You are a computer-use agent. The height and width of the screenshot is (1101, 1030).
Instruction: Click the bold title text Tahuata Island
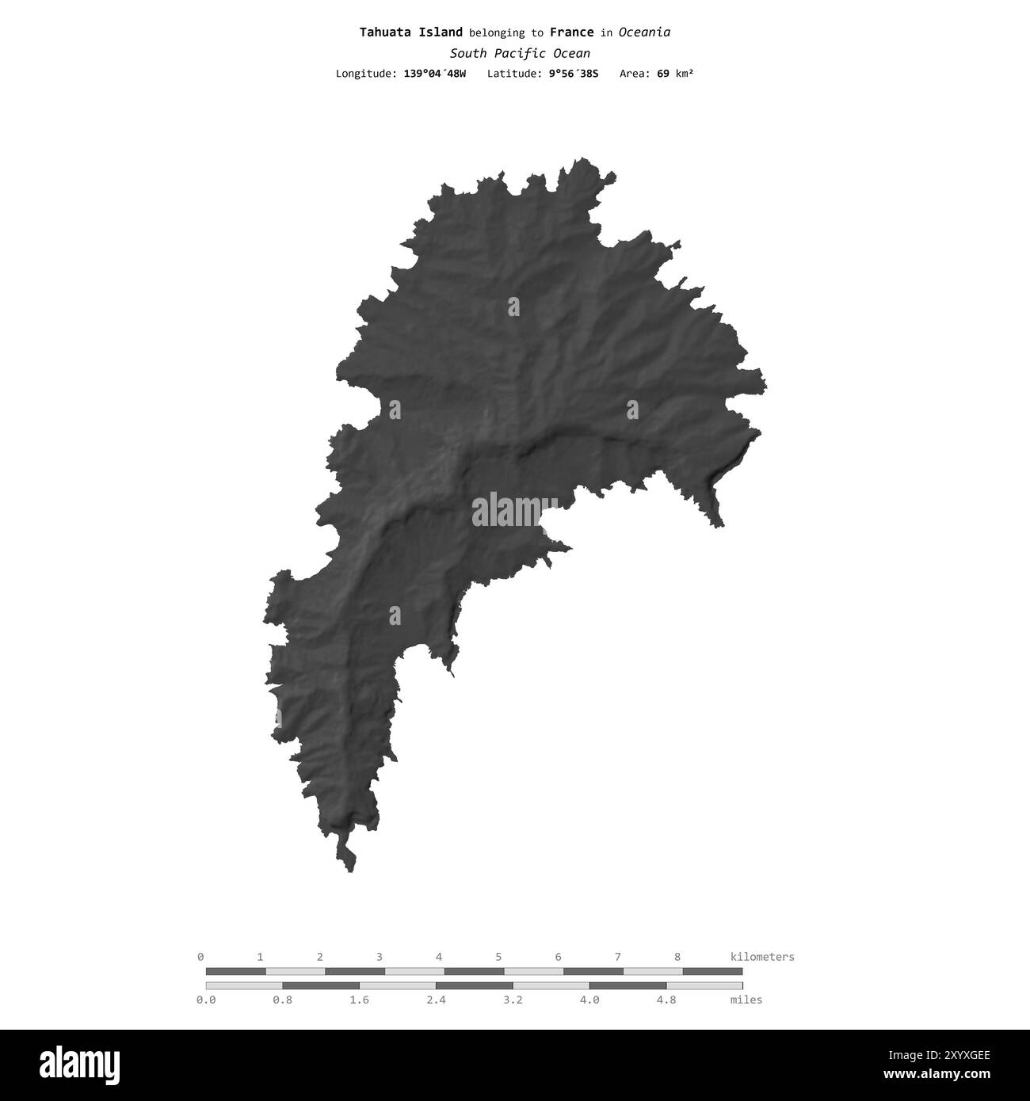(410, 32)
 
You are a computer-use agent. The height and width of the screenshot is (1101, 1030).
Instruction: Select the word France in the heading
(571, 32)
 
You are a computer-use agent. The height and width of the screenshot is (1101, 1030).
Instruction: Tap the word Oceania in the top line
(644, 32)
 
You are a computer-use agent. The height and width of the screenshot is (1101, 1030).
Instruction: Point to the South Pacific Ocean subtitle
(520, 53)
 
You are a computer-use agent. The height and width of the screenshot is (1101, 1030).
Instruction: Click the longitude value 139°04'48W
(434, 74)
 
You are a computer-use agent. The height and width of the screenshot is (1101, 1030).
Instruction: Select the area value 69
(663, 74)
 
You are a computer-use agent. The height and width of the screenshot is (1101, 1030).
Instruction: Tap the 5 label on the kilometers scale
(498, 956)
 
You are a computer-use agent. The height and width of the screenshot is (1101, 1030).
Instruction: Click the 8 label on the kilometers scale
(677, 956)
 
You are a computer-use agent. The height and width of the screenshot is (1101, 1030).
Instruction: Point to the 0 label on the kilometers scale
(200, 956)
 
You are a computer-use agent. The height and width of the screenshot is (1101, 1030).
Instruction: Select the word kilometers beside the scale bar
(761, 956)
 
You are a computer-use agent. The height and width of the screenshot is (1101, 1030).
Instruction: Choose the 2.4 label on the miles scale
(436, 1000)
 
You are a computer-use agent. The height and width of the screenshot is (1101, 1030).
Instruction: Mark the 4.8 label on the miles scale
(666, 1000)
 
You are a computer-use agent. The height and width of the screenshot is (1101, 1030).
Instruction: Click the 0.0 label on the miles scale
(206, 1000)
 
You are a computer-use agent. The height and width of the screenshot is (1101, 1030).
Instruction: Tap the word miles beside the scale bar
(746, 1000)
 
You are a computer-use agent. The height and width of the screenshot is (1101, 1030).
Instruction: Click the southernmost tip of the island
(349, 871)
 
